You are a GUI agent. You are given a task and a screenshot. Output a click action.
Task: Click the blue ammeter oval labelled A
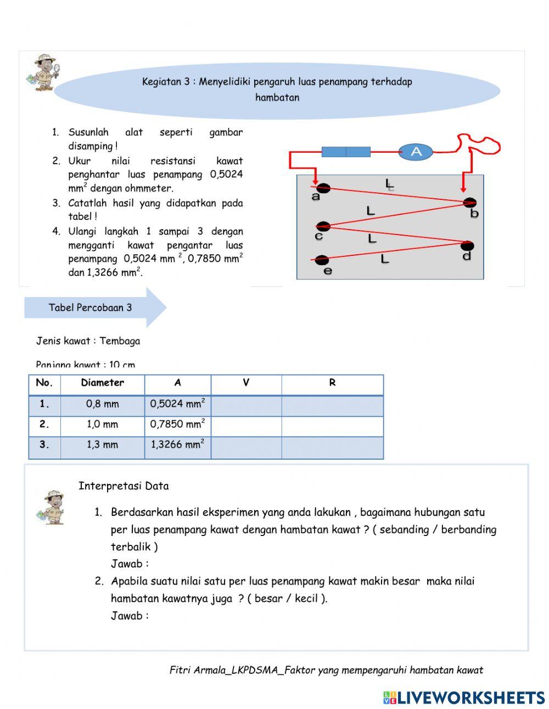tap(416, 152)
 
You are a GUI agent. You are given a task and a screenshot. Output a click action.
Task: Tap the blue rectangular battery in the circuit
tap(346, 152)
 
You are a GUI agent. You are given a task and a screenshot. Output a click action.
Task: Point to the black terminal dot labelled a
tap(322, 188)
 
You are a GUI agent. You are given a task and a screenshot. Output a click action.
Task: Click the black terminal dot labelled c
tap(323, 226)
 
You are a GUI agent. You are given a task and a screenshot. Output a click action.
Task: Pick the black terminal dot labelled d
tap(467, 245)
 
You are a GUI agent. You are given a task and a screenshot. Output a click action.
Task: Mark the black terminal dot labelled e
tap(322, 260)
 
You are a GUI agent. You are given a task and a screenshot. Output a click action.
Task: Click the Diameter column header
tap(103, 383)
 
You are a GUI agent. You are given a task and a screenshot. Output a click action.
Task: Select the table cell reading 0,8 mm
tap(103, 404)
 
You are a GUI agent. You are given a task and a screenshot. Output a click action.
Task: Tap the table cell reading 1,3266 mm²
tap(177, 445)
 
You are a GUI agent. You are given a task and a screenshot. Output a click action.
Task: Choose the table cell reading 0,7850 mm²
tap(177, 425)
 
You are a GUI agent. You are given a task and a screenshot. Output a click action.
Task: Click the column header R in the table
tap(332, 383)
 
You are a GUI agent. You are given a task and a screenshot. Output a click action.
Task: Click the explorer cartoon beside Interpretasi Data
tap(53, 507)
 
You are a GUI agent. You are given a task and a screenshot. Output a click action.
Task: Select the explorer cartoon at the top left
tap(43, 71)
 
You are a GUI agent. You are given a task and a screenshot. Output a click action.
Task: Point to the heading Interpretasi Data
tap(124, 486)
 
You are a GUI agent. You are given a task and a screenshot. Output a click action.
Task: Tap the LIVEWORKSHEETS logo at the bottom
tap(464, 697)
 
